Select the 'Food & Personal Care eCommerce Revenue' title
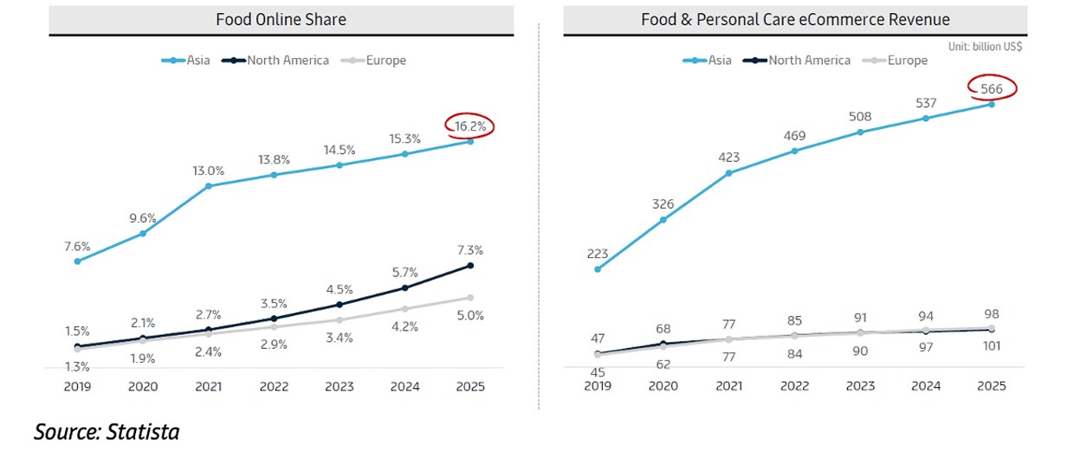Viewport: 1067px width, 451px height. tap(795, 20)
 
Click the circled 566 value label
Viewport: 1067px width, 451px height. tap(992, 87)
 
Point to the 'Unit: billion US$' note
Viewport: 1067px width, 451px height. tap(985, 47)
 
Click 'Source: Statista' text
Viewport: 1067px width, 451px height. tap(107, 431)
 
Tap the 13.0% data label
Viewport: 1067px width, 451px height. tap(208, 171)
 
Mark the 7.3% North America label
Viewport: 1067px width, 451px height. tap(469, 250)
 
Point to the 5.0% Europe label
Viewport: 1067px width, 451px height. tap(470, 315)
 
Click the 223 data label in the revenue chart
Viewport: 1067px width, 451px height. tap(598, 254)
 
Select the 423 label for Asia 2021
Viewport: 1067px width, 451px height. tap(729, 158)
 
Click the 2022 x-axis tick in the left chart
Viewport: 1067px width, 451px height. tap(274, 387)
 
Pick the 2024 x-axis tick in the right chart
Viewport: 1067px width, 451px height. tap(926, 387)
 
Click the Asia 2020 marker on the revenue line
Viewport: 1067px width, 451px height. tap(663, 220)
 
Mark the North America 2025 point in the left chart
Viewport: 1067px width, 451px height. tap(470, 265)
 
